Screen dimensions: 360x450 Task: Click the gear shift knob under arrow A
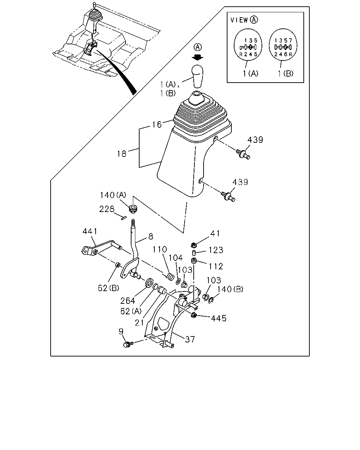click(x=198, y=76)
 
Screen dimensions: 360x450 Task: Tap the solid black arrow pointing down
click(x=198, y=57)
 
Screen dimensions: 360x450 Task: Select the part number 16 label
click(x=157, y=124)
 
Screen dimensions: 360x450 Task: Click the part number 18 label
click(x=122, y=154)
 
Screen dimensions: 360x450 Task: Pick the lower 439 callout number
click(x=240, y=182)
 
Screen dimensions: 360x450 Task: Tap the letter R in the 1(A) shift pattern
click(x=241, y=54)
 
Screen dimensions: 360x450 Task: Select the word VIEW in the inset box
click(x=239, y=20)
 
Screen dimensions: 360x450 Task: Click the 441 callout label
click(x=90, y=231)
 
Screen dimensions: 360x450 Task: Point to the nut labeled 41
click(x=194, y=244)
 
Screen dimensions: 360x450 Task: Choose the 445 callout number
click(x=219, y=319)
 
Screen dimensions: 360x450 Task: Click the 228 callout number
click(x=107, y=209)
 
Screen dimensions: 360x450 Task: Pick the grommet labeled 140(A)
click(x=133, y=209)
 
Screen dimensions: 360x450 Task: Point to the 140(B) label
click(x=230, y=289)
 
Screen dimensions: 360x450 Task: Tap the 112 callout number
click(x=216, y=266)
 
